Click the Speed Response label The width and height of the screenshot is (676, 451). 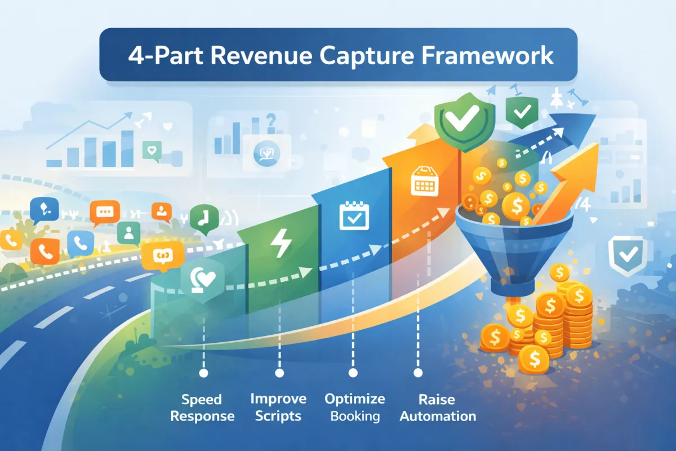(202, 408)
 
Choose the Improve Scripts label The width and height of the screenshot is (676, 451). (278, 408)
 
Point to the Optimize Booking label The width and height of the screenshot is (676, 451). (354, 408)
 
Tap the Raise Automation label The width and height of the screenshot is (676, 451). (438, 408)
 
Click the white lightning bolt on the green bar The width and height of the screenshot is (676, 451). (281, 243)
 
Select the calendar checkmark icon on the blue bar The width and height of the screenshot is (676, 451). (354, 215)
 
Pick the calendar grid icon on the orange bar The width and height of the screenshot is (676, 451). (425, 181)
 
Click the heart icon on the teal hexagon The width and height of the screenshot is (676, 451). (203, 280)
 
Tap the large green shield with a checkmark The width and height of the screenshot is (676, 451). (465, 121)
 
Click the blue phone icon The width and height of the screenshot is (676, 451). (80, 244)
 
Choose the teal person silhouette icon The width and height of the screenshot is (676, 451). (129, 233)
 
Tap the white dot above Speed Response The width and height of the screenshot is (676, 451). (204, 373)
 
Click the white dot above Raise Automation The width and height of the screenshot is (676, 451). (418, 373)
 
